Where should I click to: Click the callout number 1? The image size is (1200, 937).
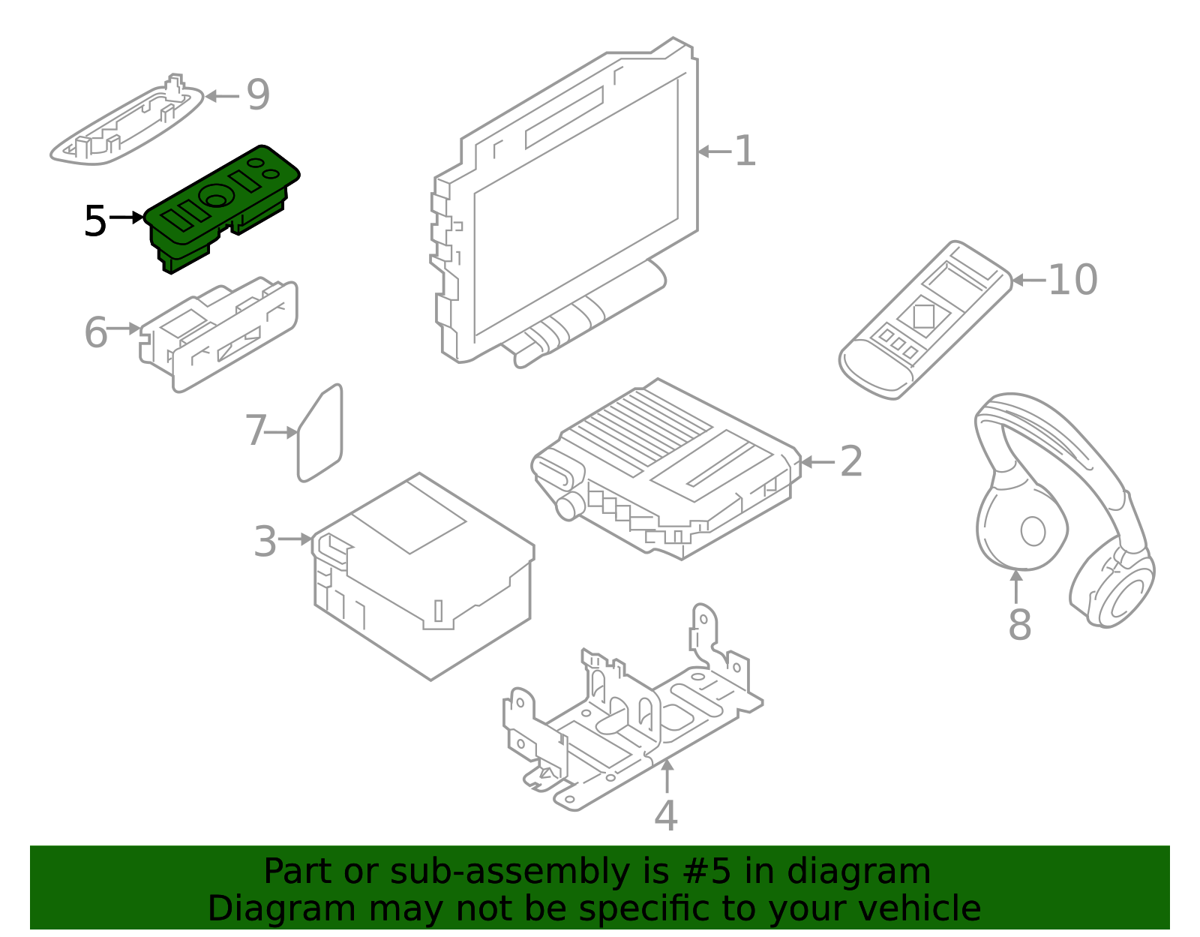(744, 152)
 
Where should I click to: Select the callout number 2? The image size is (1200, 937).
(850, 461)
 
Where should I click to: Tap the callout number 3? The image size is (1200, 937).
(265, 542)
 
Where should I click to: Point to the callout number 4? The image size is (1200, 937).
(665, 816)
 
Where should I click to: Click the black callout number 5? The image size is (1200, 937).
(95, 221)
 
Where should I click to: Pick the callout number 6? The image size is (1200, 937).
(95, 332)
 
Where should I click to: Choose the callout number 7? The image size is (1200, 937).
(256, 431)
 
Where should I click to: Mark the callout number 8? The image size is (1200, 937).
(1019, 624)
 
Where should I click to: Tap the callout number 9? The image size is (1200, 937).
(258, 95)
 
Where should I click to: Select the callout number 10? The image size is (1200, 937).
(1072, 280)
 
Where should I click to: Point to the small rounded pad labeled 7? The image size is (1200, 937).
(320, 434)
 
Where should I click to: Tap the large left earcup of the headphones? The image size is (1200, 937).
(1021, 528)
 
